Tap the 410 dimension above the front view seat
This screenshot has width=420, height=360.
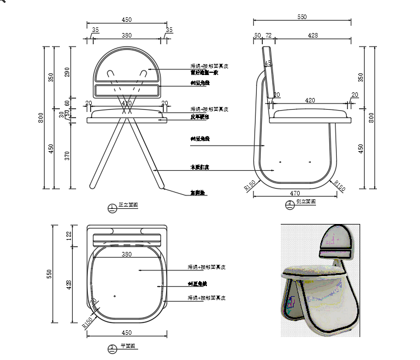(x=126, y=103)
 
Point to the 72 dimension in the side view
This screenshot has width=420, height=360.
(x=268, y=35)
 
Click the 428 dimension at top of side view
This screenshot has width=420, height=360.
(x=313, y=35)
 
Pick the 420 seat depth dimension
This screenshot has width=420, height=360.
(x=311, y=101)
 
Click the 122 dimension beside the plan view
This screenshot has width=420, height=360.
(x=69, y=235)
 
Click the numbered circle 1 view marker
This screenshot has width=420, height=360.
(x=111, y=208)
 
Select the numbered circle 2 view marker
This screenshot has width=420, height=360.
(x=290, y=204)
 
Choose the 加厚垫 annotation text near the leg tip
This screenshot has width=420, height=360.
(x=198, y=193)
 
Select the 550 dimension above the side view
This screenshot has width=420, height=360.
(x=301, y=17)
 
